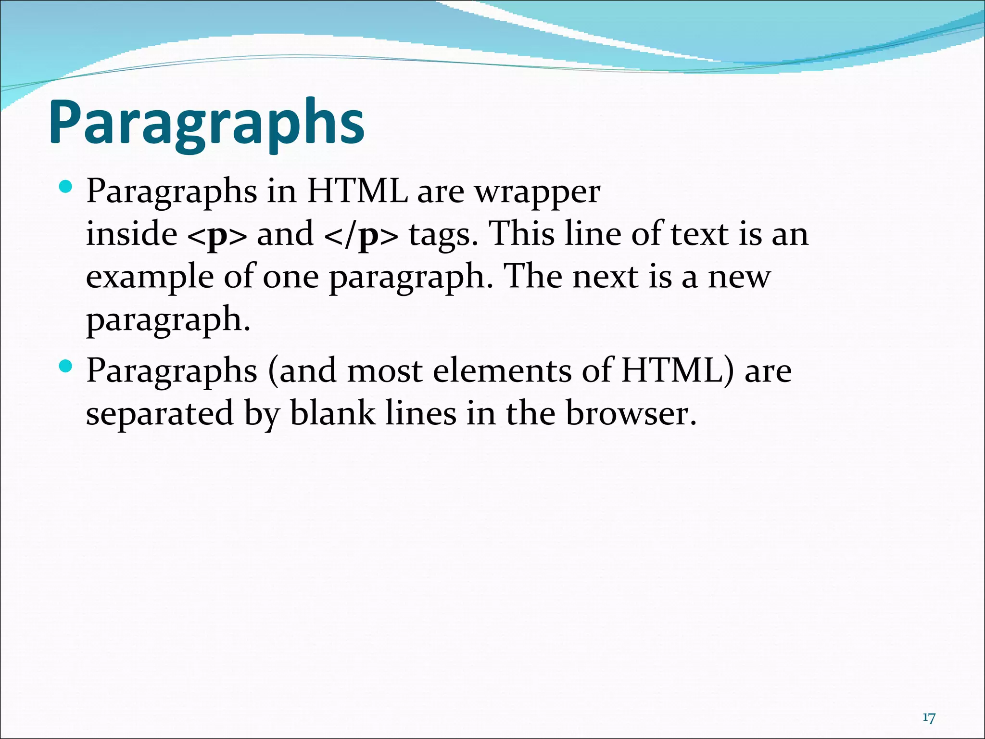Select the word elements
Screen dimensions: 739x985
tap(502, 371)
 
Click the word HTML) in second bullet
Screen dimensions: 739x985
tap(678, 371)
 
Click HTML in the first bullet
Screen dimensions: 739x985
tap(357, 192)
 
